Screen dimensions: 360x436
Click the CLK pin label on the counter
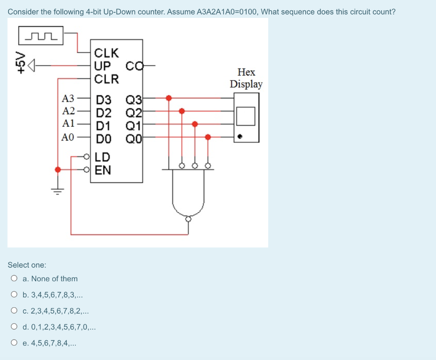(x=106, y=53)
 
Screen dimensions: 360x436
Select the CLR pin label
(x=106, y=79)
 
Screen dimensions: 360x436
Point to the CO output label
(x=133, y=66)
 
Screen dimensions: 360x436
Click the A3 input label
(x=68, y=99)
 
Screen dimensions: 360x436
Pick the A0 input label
(x=68, y=137)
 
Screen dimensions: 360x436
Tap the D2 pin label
(x=103, y=113)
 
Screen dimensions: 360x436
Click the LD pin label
(x=103, y=157)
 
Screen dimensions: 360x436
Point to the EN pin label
(x=103, y=170)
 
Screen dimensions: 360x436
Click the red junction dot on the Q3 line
(x=169, y=98)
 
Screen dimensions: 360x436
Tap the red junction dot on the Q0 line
(x=208, y=137)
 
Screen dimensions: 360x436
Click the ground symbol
(x=58, y=190)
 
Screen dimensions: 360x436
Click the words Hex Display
(x=246, y=78)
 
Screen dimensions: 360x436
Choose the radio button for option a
(x=14, y=279)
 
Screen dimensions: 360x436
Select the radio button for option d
(x=14, y=327)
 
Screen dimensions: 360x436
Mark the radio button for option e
(x=14, y=343)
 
